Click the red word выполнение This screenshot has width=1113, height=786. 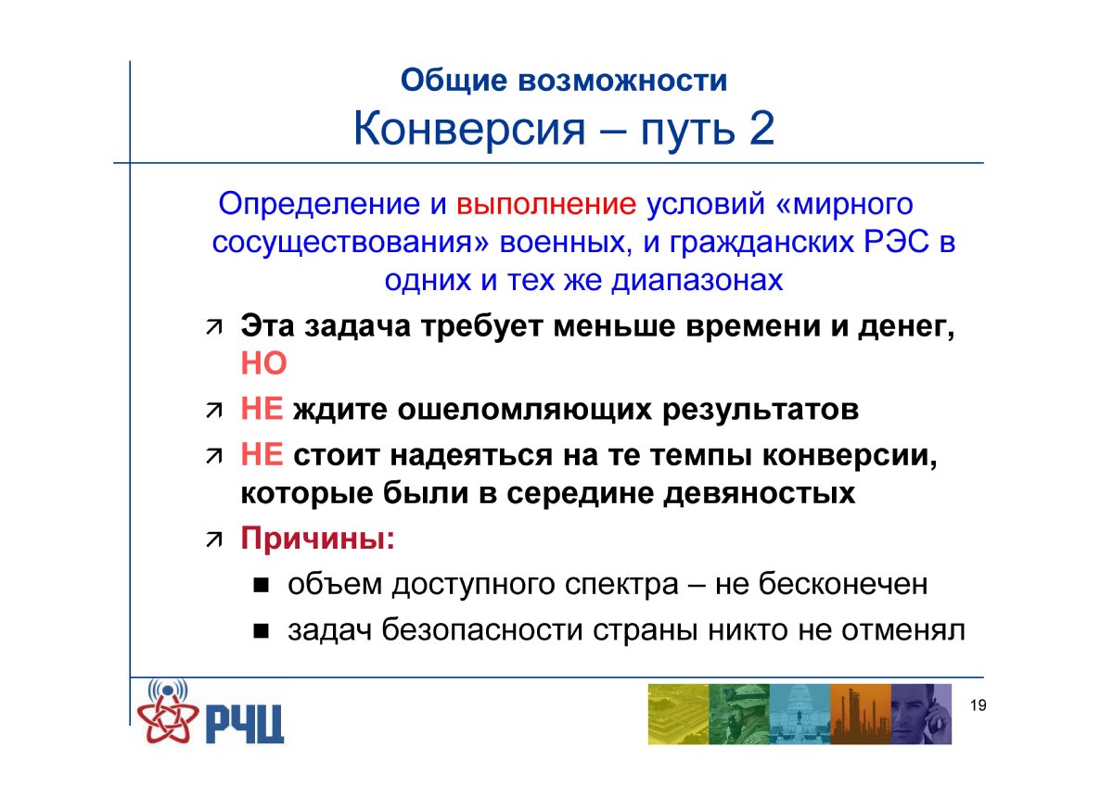tap(546, 205)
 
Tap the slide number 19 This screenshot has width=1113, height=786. tap(978, 705)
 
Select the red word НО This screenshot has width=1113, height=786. tap(263, 363)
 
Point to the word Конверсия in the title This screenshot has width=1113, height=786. tap(469, 129)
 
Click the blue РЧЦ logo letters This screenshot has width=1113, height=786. tap(244, 724)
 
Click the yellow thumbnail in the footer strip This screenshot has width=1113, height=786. tap(678, 714)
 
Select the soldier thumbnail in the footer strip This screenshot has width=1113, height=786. tap(739, 714)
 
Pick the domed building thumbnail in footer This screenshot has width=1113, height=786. tap(800, 714)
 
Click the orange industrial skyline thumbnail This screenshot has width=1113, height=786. tap(861, 714)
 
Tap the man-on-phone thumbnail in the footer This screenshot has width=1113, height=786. tap(921, 714)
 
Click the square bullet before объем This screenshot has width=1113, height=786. tap(261, 586)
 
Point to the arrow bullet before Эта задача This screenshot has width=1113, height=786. tap(214, 328)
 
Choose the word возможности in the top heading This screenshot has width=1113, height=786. tap(622, 81)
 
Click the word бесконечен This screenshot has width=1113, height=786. tap(843, 584)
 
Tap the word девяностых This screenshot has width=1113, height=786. tap(760, 494)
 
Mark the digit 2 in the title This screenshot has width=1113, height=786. tap(761, 129)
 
